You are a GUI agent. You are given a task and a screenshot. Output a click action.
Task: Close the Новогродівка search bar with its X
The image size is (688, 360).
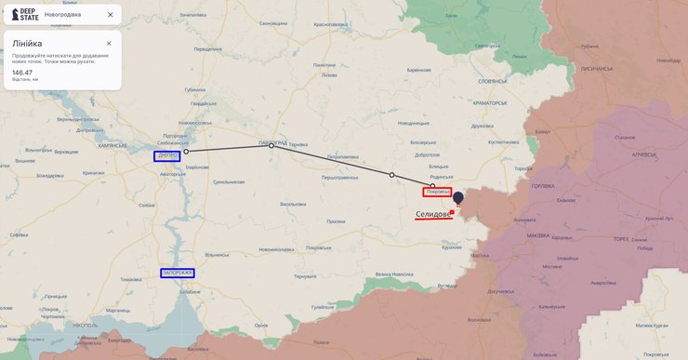coord(111,15)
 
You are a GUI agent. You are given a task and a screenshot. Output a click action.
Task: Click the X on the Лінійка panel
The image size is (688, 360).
coord(109,44)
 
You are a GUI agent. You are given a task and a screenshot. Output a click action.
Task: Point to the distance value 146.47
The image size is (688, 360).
coord(22,72)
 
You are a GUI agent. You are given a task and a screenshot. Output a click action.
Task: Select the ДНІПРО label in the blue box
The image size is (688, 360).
coord(167,156)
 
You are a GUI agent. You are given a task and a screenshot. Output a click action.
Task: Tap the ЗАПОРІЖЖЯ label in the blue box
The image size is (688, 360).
coord(177,273)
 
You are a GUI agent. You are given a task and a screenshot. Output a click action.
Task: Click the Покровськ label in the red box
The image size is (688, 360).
coord(437,193)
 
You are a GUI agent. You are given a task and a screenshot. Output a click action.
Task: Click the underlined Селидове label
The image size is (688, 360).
coord(433,214)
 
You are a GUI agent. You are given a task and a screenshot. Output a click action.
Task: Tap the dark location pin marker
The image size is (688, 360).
coord(457,198)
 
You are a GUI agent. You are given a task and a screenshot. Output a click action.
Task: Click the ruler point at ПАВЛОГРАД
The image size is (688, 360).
coord(271,146)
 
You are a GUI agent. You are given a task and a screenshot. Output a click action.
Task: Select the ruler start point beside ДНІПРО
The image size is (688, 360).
coord(186,151)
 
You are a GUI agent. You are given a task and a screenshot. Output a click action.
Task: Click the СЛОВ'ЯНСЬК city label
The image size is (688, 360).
coord(491,80)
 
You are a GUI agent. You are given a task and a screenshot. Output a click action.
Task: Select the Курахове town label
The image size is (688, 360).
coord(452,247)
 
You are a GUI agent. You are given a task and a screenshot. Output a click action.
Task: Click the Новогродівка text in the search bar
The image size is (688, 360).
coord(62,15)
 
